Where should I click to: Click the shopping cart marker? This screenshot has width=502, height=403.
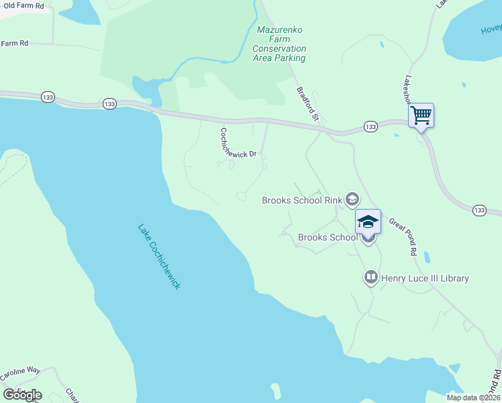click(x=421, y=116)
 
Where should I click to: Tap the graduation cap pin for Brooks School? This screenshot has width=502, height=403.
click(x=368, y=222)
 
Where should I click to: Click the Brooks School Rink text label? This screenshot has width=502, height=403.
click(x=301, y=200)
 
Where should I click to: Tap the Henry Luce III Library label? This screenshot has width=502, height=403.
click(x=425, y=278)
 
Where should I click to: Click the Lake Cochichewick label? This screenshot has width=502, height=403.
click(x=160, y=257)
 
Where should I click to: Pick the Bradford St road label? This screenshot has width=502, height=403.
click(x=308, y=104)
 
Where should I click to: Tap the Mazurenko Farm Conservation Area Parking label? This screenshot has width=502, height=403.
click(x=279, y=44)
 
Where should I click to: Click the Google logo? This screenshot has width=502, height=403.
click(x=22, y=395)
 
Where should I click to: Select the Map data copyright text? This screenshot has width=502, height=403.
click(x=473, y=398)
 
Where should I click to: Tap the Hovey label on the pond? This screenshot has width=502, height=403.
click(x=491, y=29)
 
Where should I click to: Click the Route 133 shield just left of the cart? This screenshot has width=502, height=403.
click(x=370, y=126)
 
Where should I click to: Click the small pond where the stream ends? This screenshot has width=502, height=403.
click(x=144, y=87)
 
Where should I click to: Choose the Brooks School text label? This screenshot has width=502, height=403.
click(x=328, y=238)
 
